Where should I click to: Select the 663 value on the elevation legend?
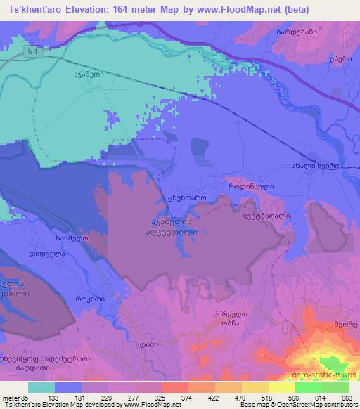click(346, 397)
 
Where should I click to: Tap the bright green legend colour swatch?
click(322, 387)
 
